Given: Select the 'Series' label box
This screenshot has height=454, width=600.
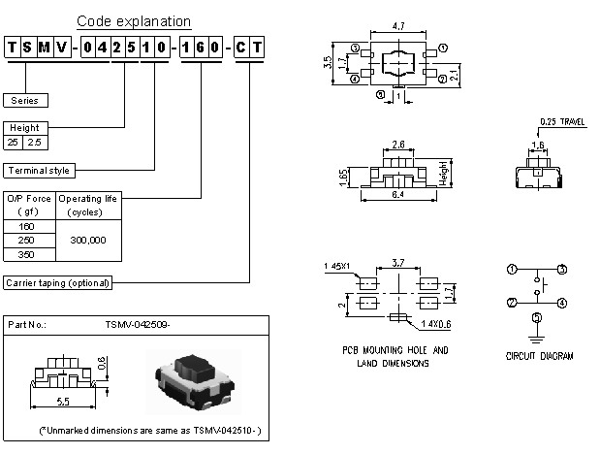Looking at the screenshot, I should [26, 100].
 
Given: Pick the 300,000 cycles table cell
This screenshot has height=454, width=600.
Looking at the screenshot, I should [88, 240].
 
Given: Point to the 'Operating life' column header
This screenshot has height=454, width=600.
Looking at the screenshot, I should [88, 198].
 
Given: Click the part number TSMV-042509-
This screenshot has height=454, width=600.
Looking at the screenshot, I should [137, 325].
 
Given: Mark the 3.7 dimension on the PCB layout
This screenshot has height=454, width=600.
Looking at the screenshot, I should [397, 262].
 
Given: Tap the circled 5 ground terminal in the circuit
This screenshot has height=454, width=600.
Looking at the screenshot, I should [536, 318].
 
